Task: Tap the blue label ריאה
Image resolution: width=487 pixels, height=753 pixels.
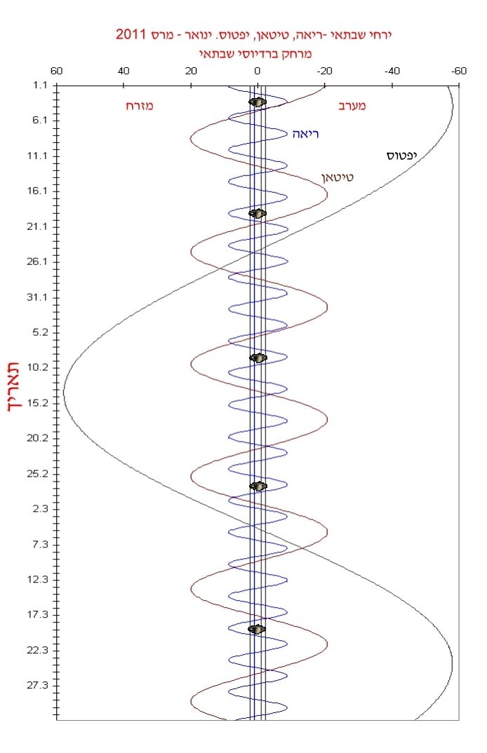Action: pyautogui.click(x=306, y=133)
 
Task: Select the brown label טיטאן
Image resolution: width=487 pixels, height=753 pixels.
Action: pyautogui.click(x=338, y=177)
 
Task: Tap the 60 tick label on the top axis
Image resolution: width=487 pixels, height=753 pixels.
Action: pyautogui.click(x=57, y=72)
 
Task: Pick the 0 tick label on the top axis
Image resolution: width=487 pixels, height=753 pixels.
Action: pyautogui.click(x=258, y=72)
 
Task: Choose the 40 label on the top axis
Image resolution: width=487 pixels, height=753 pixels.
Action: pyautogui.click(x=124, y=72)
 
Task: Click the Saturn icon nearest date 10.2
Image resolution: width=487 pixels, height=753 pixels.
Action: pyautogui.click(x=258, y=358)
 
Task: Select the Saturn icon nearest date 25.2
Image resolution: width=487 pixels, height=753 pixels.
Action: pyautogui.click(x=258, y=486)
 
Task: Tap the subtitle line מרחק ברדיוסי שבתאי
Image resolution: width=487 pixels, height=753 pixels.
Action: pyautogui.click(x=258, y=53)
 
